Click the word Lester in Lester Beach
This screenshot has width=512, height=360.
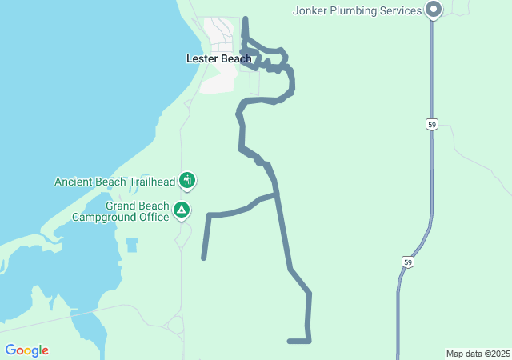click(202, 58)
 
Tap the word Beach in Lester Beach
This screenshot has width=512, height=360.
click(235, 58)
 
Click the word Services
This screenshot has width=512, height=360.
click(401, 10)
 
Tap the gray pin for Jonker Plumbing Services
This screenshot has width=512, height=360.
click(434, 10)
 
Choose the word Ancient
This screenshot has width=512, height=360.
click(75, 182)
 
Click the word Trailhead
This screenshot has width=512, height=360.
click(148, 182)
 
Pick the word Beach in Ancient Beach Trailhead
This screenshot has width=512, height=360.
click(112, 182)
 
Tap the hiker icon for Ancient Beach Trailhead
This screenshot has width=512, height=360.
click(186, 181)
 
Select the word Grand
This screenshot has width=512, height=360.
click(122, 206)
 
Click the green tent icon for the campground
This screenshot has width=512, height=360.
click(182, 210)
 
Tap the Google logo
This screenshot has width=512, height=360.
click(26, 350)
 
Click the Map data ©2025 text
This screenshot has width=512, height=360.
click(478, 354)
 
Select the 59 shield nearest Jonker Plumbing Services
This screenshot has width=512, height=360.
click(432, 125)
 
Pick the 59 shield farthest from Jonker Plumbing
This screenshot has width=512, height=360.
click(408, 262)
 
